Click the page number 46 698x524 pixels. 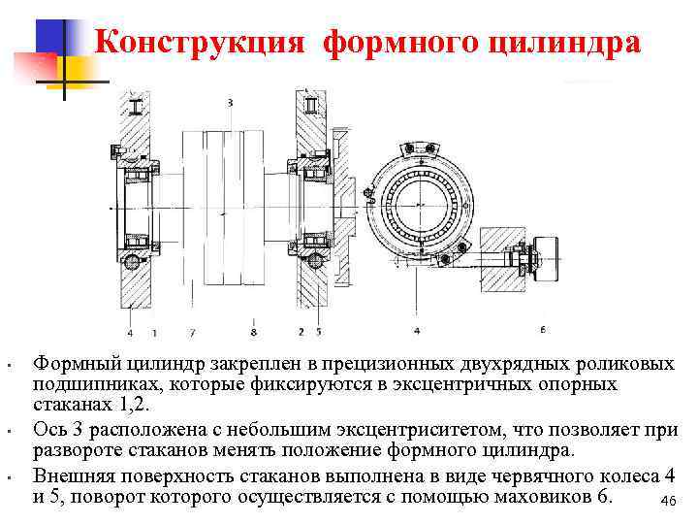(x=666, y=500)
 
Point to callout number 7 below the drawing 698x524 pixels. (x=194, y=332)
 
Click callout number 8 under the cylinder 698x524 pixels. (x=253, y=332)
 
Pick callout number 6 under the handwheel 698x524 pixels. (x=542, y=330)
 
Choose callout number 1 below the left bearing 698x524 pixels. (x=157, y=332)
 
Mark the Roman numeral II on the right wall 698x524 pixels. (x=310, y=102)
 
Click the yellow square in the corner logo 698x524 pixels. (x=78, y=70)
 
